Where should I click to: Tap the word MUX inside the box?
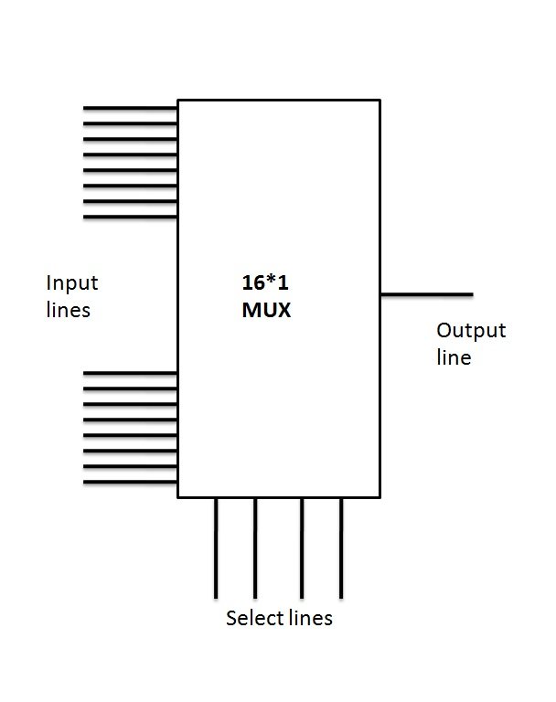click(261, 310)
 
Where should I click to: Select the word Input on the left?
click(71, 282)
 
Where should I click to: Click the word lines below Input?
click(69, 310)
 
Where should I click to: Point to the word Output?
click(470, 330)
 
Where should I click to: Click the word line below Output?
click(454, 356)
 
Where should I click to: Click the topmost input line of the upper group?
click(130, 108)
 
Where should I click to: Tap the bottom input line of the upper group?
click(130, 218)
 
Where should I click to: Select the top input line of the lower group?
click(130, 373)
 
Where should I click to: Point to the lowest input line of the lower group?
click(130, 482)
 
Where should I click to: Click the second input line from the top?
click(130, 123)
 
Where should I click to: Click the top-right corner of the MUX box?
click(380, 101)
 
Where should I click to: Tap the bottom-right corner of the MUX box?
click(380, 497)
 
